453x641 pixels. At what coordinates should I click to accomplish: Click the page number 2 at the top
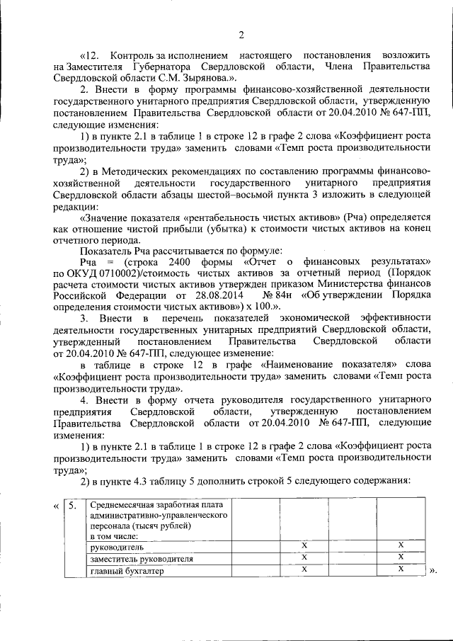coord(241,35)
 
